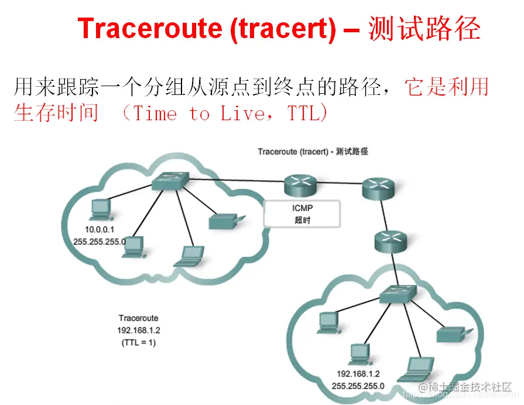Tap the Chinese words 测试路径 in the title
[424, 29]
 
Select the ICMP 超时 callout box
[302, 213]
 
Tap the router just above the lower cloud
[390, 240]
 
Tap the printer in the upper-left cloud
[224, 221]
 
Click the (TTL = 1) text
[139, 342]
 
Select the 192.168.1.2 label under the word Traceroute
[139, 330]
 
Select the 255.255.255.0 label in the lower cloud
[358, 386]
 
